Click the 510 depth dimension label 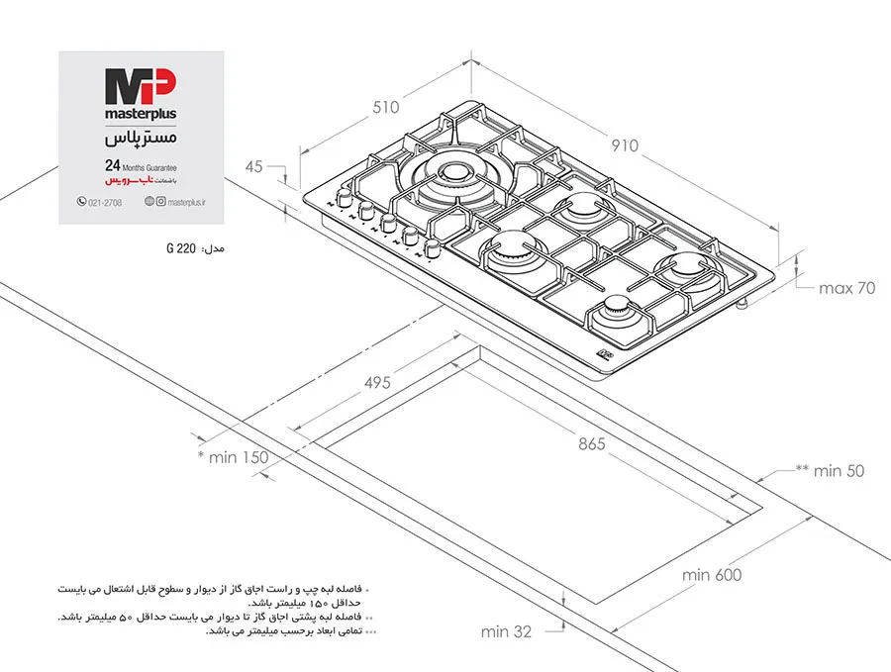coord(386,107)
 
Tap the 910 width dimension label coord(625,145)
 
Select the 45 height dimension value coord(254,166)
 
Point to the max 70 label coord(846,288)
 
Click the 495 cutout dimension coord(377,382)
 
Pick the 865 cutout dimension coord(592,443)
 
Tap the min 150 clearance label coord(233,457)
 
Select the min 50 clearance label coord(831,470)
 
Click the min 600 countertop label coord(712,575)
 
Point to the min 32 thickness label coord(506,631)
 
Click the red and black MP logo coord(141,86)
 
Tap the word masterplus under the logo coord(141,114)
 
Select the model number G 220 coord(181,248)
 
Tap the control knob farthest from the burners coord(344,197)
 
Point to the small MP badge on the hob coord(606,354)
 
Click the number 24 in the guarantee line coord(113,165)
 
